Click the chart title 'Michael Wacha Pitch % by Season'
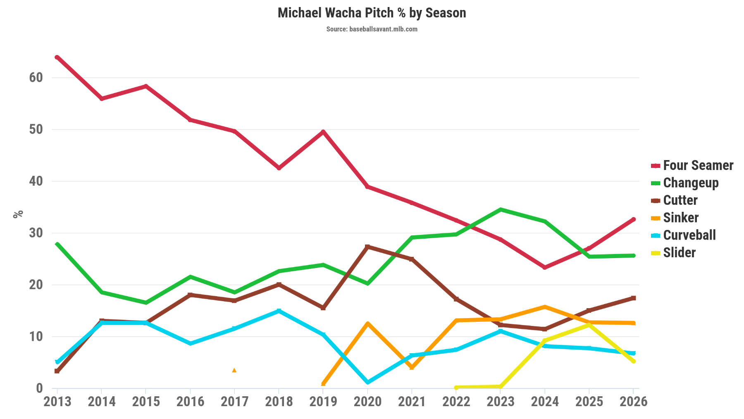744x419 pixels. (x=372, y=13)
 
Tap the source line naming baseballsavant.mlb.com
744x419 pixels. (x=372, y=29)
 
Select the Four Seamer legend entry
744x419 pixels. (x=698, y=165)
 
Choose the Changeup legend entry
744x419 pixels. (x=690, y=183)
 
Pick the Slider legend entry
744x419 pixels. (x=679, y=253)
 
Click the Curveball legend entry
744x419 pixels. (x=689, y=235)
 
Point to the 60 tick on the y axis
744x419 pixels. (x=36, y=77)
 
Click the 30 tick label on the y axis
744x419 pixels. (x=36, y=233)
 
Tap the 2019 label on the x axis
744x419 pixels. (x=323, y=402)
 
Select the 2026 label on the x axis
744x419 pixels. (x=633, y=402)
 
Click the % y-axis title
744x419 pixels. (x=18, y=214)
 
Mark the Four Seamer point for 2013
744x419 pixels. (x=57, y=57)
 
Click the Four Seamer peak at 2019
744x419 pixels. (x=323, y=132)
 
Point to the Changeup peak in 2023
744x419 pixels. (x=501, y=210)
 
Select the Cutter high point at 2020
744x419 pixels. (x=367, y=247)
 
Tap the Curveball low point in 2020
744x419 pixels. (x=367, y=382)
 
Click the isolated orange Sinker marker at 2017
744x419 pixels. (x=234, y=370)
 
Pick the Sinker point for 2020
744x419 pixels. (x=367, y=323)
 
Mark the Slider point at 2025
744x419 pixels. (x=589, y=325)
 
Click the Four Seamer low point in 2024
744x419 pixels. (x=545, y=268)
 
